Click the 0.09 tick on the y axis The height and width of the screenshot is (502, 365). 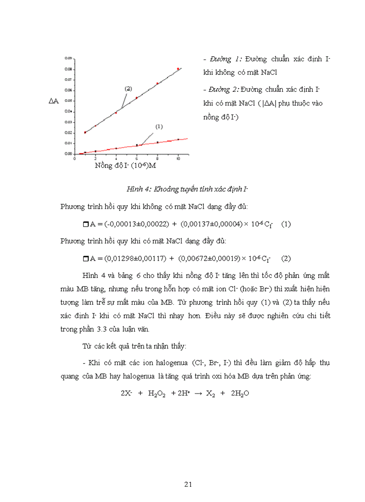coord(68,59)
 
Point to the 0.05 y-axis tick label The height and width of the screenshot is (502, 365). coord(68,101)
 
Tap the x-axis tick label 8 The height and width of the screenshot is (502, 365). coord(157,158)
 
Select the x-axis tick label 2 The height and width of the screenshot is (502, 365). coord(95,158)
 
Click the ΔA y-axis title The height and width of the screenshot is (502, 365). coord(54,101)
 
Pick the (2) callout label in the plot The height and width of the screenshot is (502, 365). coord(128,89)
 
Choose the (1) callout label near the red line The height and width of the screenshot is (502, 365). coord(159,127)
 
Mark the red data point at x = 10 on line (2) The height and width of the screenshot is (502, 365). coord(178,69)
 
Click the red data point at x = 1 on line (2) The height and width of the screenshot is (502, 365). coord(85,132)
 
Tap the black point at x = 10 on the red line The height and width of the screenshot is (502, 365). coord(178,139)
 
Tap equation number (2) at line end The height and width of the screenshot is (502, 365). coord(286,258)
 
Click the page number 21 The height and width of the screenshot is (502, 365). coord(188,484)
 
